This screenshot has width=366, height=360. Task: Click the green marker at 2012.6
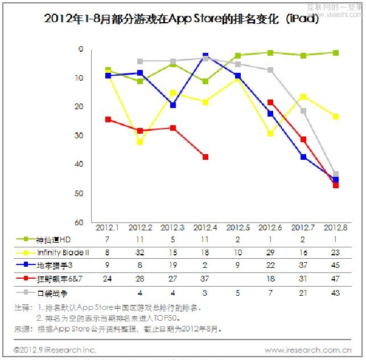click(270, 53)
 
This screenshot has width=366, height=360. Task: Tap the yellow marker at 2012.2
click(140, 142)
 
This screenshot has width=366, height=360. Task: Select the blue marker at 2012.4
click(205, 56)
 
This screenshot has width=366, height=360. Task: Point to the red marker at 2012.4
click(205, 157)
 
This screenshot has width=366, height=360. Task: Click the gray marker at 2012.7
click(303, 111)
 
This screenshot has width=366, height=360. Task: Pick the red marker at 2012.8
click(336, 185)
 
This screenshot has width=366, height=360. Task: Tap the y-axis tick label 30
click(80, 135)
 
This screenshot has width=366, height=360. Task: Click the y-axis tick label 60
click(80, 222)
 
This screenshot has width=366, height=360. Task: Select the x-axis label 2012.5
click(238, 227)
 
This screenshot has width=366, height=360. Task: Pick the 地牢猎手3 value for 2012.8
click(336, 266)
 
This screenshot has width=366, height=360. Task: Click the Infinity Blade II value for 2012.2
click(140, 253)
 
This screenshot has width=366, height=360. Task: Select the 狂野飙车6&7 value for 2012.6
click(270, 279)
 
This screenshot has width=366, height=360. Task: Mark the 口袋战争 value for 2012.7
click(303, 293)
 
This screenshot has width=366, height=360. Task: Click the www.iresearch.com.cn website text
click(308, 350)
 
